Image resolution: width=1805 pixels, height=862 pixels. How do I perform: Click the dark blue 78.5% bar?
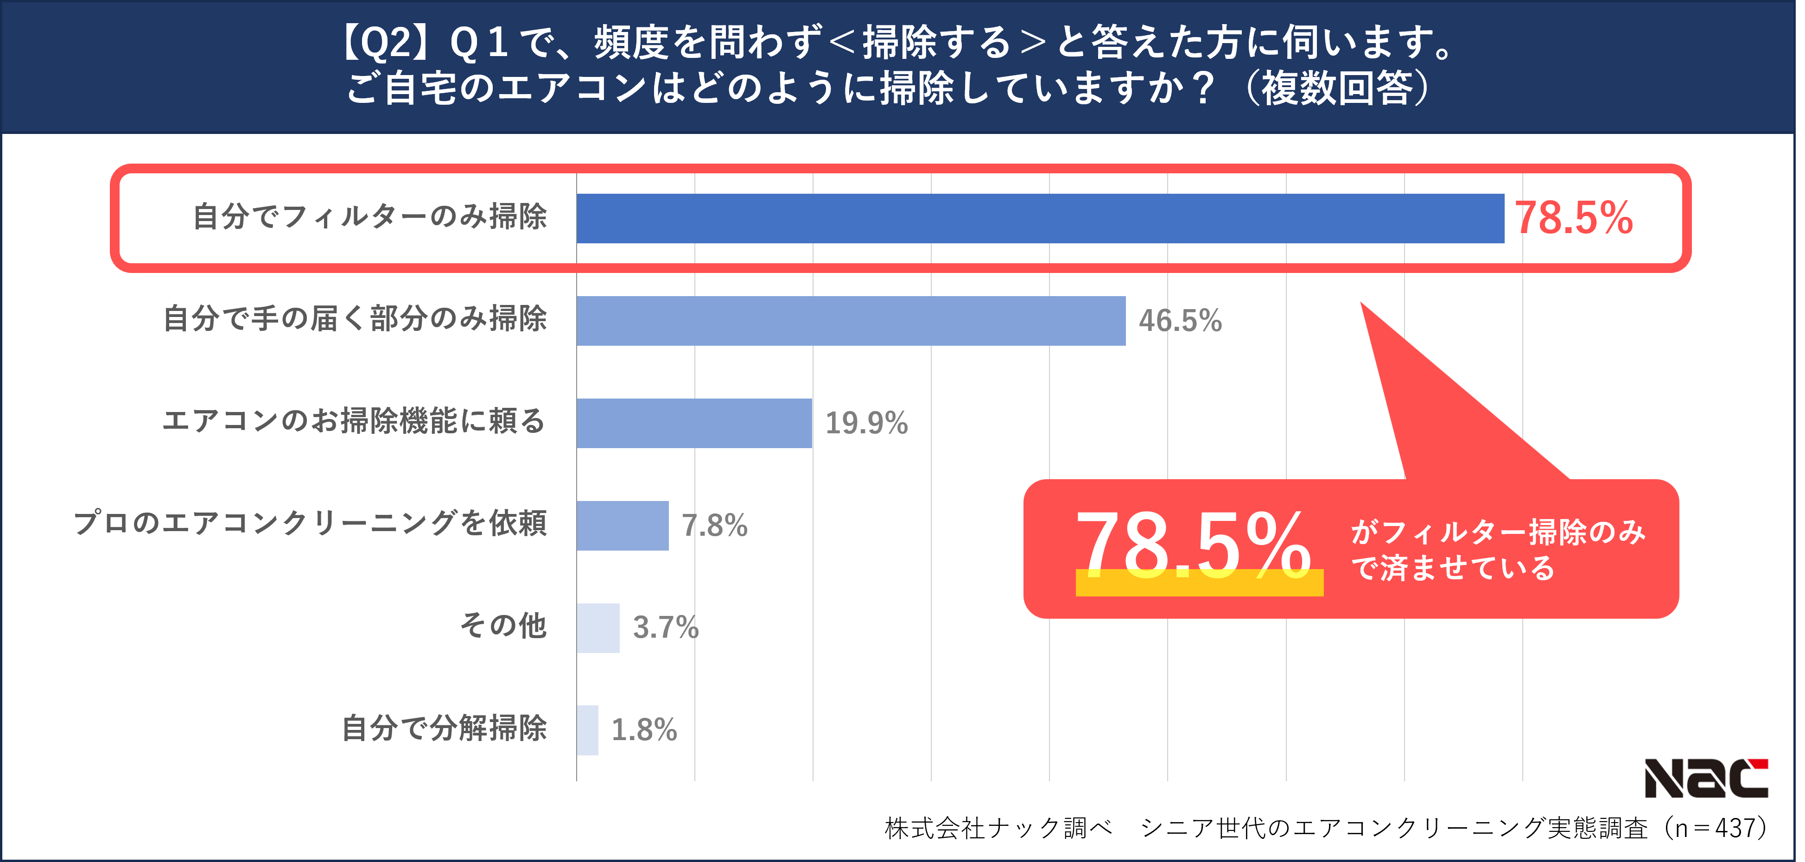[1040, 219]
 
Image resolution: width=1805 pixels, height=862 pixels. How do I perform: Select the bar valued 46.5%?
[851, 321]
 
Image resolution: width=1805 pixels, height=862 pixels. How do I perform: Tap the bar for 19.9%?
[694, 423]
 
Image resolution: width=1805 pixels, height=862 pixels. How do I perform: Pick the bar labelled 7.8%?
[622, 526]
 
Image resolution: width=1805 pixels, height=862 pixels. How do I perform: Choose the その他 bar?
[597, 628]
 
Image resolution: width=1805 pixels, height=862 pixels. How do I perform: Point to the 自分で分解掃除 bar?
[587, 730]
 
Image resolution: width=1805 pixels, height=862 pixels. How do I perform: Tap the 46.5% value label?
[1180, 321]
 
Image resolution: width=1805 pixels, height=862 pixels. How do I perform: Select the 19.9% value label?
[866, 423]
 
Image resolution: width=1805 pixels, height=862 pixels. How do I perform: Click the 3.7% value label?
[666, 628]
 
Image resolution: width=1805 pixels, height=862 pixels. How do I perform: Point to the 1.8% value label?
[644, 730]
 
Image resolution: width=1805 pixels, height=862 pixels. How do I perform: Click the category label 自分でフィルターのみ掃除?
[369, 216]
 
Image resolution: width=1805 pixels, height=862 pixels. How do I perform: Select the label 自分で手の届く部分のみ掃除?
[355, 319]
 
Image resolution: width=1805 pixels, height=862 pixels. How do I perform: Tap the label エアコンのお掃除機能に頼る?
[354, 421]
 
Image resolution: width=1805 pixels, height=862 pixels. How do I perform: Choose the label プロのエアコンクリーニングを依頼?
[310, 524]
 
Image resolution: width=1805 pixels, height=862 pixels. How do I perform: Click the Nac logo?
[1705, 779]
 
